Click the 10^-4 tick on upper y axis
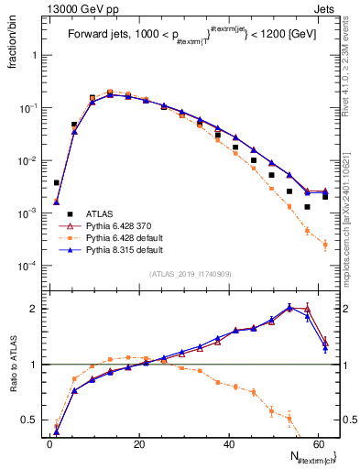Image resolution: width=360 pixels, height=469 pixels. (29, 267)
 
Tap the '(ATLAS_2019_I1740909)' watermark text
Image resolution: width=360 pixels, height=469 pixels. (190, 274)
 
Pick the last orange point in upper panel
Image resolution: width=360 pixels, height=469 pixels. (325, 245)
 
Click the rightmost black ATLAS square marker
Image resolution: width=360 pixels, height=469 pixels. (325, 197)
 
